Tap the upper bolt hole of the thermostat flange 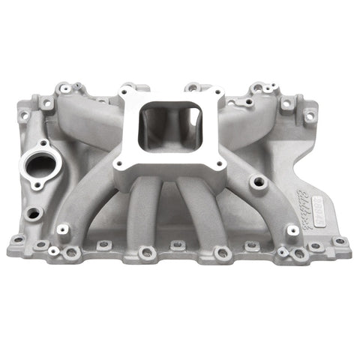tap(43, 142)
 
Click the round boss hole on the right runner tap(258, 181)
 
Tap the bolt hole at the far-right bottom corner tap(339, 241)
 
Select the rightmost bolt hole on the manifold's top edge tap(310, 116)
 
